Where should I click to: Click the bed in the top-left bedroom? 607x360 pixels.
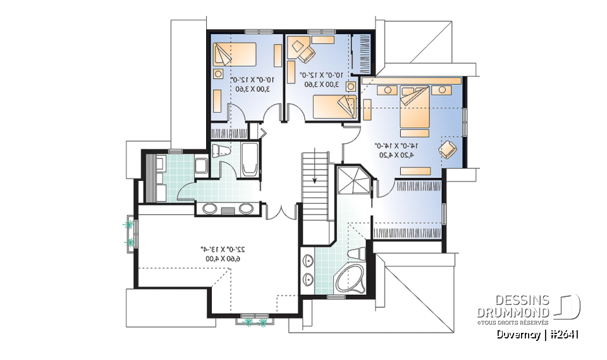pyautogui.click(x=235, y=54)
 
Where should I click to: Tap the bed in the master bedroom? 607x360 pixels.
pyautogui.click(x=414, y=109)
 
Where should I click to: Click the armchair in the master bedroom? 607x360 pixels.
pyautogui.click(x=448, y=149)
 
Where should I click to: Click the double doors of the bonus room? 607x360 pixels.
pyautogui.click(x=281, y=212)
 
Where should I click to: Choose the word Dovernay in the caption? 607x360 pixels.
pyautogui.click(x=518, y=335)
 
